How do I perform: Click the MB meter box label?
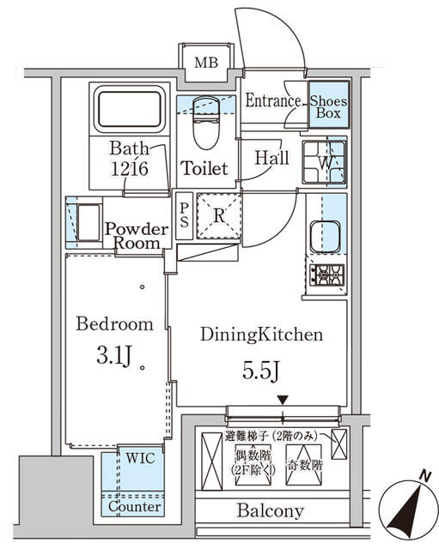205,63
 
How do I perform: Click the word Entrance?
272,101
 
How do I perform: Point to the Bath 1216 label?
129,159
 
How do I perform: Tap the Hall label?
271,159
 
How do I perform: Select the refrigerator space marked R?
218,216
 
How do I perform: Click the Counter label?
134,507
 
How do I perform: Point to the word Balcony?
270,511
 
